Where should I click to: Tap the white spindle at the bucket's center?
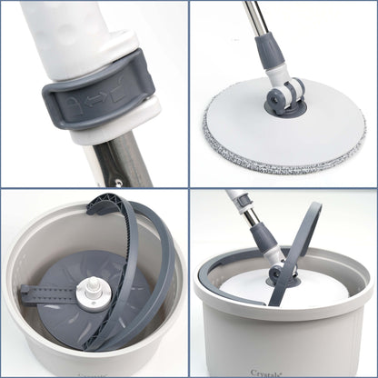[x=93, y=293]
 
